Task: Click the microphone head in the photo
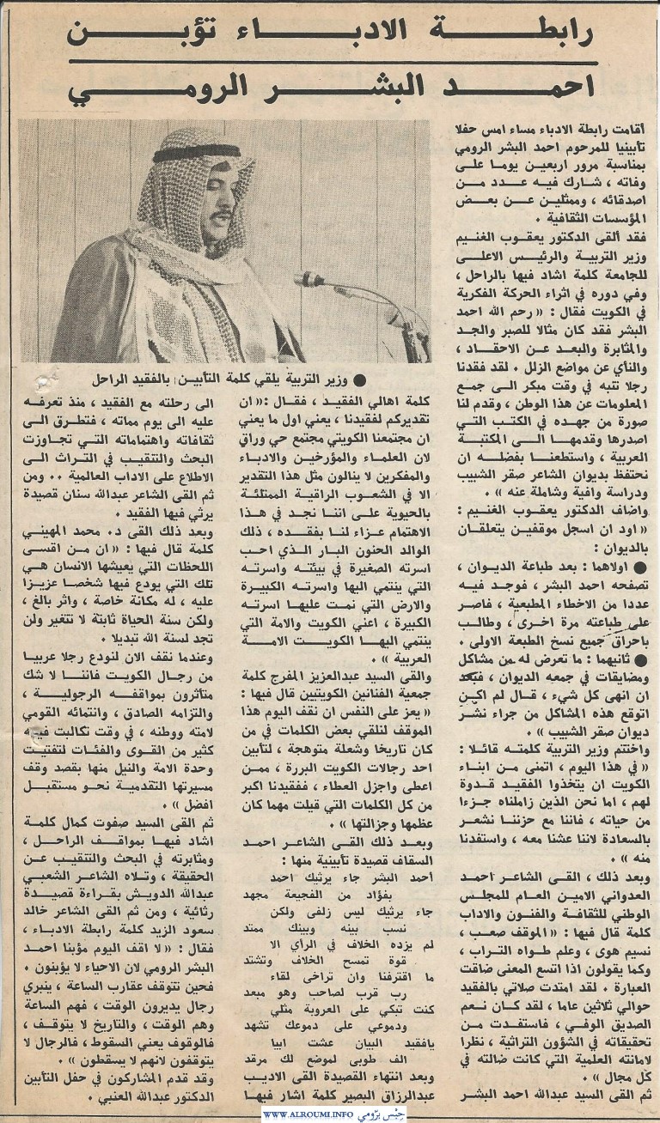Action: point(308,279)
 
